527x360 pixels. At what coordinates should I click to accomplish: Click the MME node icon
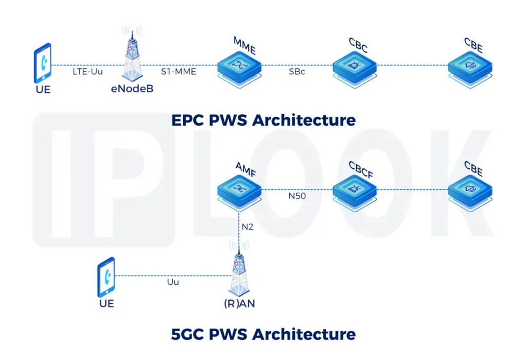click(x=239, y=66)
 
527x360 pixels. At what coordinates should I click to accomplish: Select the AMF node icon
click(x=239, y=191)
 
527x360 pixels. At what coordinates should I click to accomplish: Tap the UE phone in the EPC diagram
click(x=42, y=63)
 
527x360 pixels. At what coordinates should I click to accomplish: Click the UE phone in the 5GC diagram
click(x=106, y=277)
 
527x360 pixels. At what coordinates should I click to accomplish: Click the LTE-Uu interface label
click(x=87, y=72)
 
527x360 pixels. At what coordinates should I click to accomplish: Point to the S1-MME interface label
click(x=178, y=72)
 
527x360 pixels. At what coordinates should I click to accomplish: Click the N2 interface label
click(x=247, y=226)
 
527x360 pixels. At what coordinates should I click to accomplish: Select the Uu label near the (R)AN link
click(x=172, y=282)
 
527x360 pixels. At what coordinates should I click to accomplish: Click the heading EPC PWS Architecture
click(x=263, y=120)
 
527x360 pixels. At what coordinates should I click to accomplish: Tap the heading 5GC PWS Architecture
click(x=263, y=334)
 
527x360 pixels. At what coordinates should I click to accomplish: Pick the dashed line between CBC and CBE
click(x=412, y=65)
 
